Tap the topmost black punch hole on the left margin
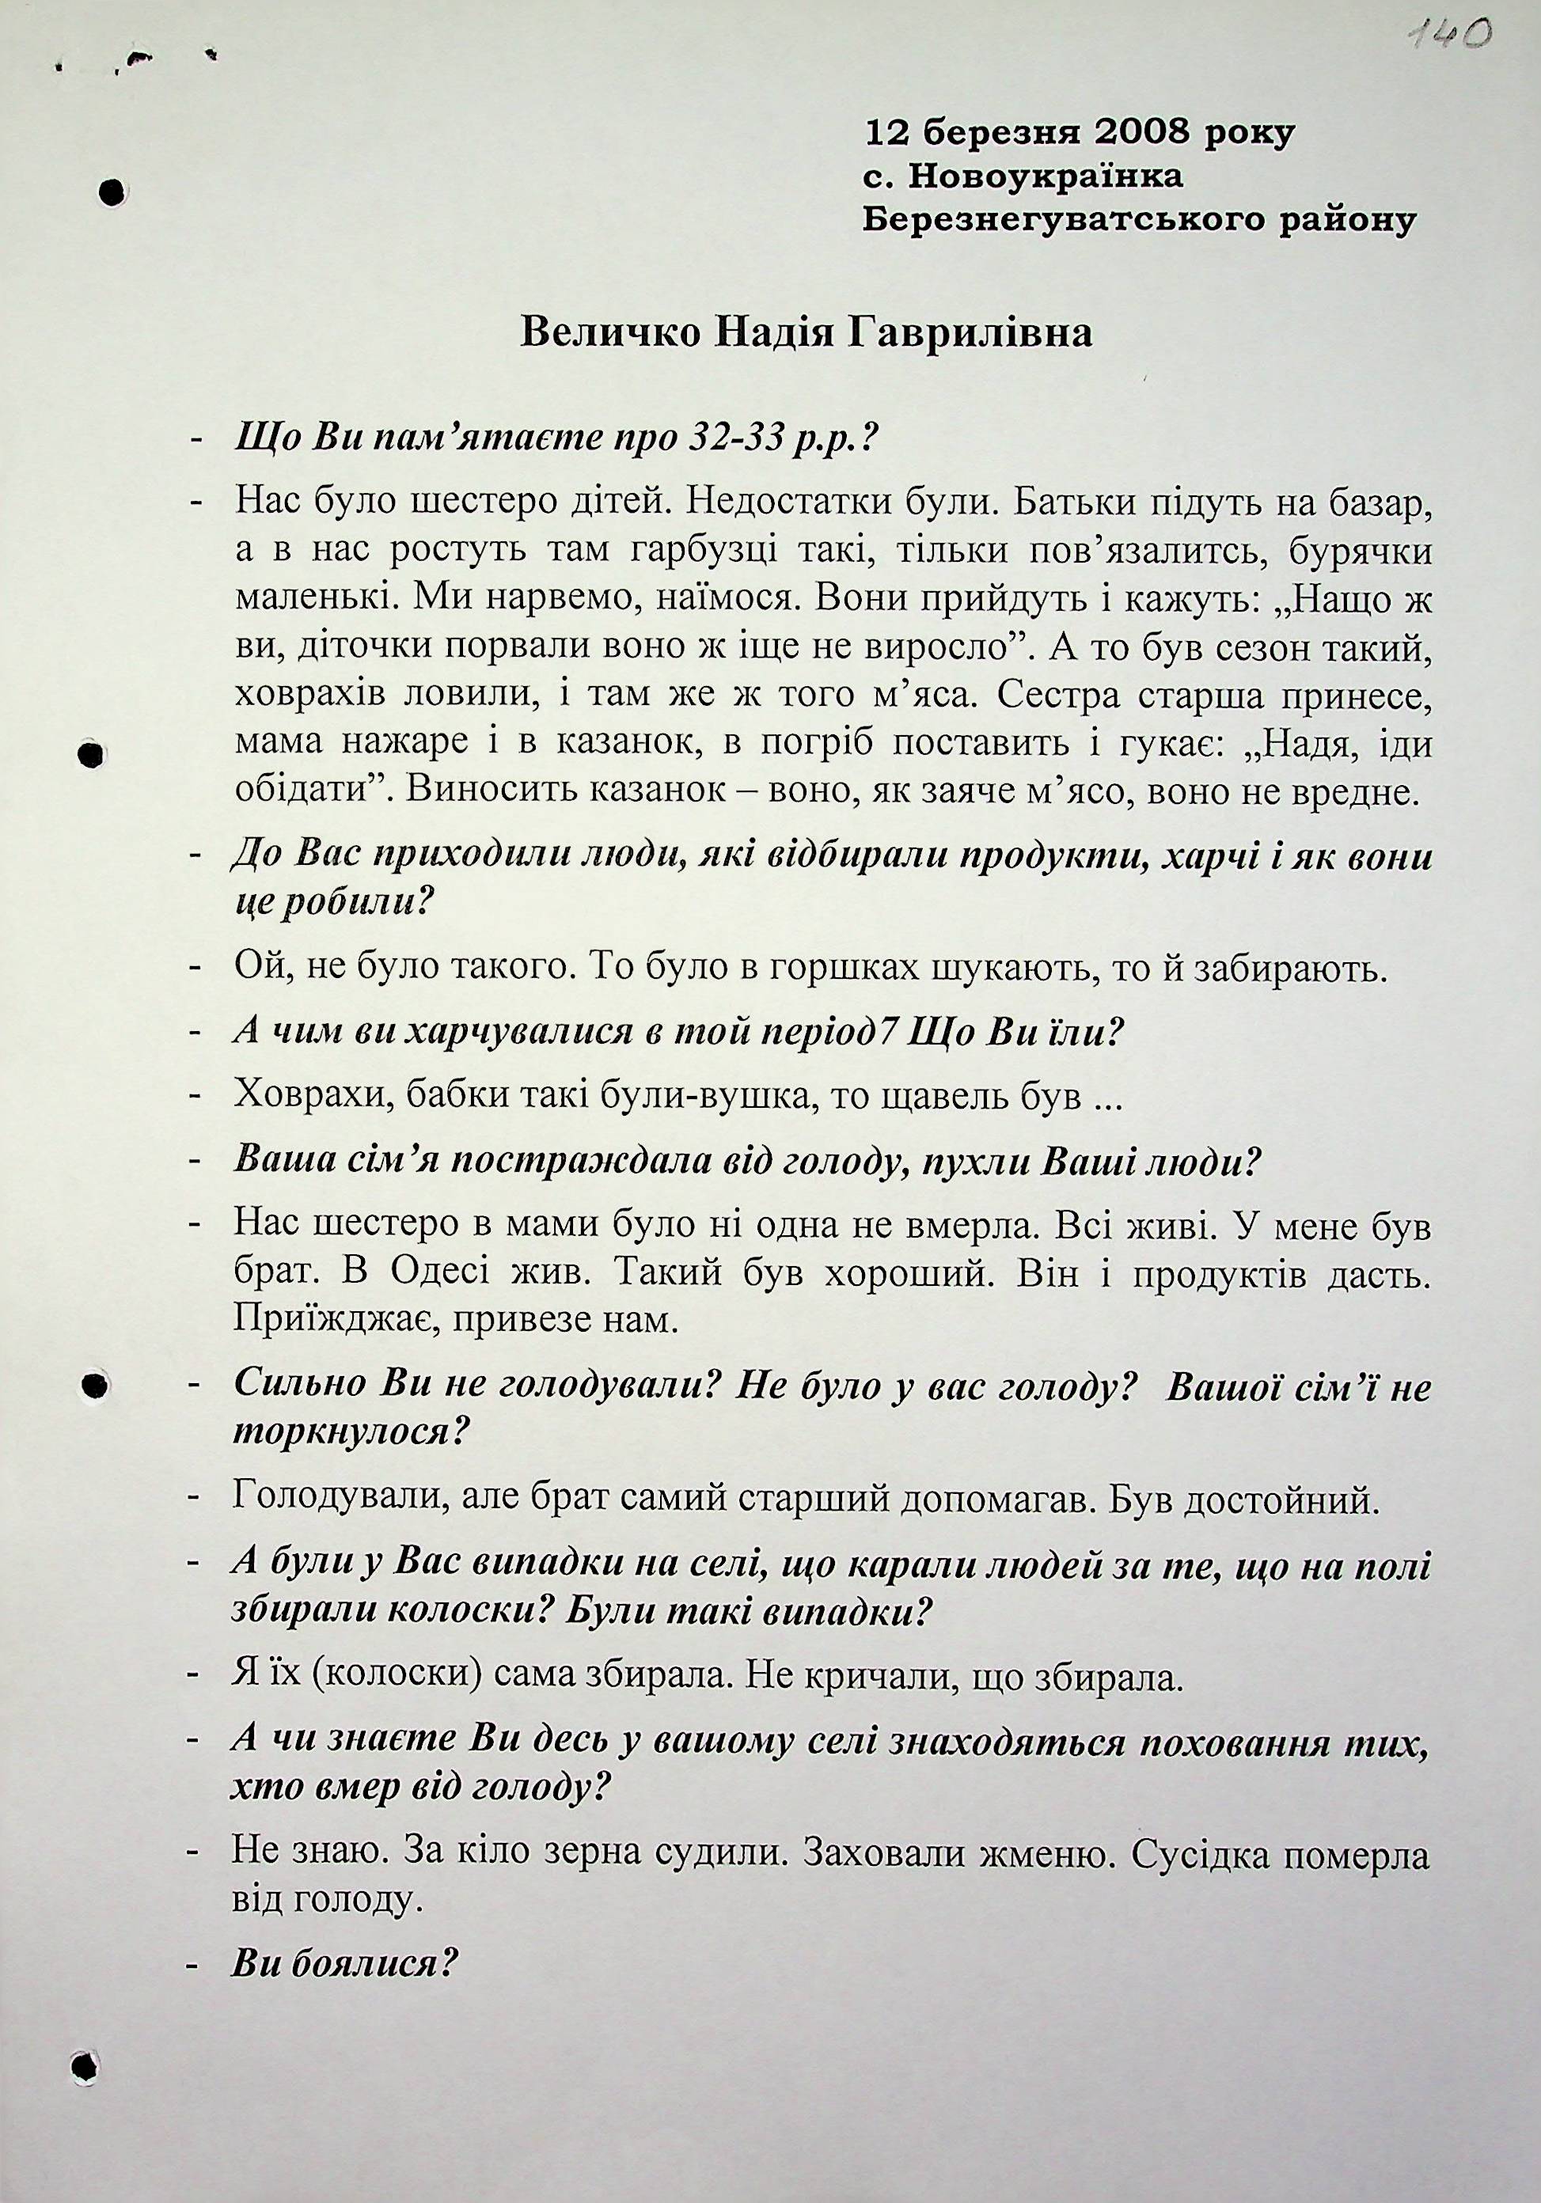(x=112, y=193)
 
